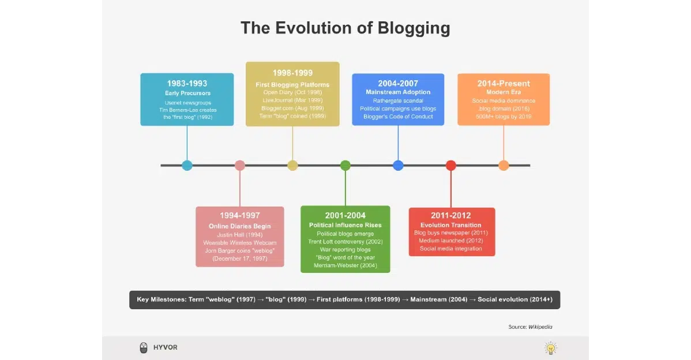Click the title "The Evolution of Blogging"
pyautogui.click(x=345, y=28)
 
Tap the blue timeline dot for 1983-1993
pyautogui.click(x=187, y=166)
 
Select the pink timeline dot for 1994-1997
pyautogui.click(x=240, y=166)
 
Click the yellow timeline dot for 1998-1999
pyautogui.click(x=292, y=166)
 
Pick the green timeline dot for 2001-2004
pyautogui.click(x=345, y=166)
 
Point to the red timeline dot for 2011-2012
pyautogui.click(x=451, y=166)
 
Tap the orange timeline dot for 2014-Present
pyautogui.click(x=504, y=166)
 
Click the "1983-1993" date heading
pyautogui.click(x=187, y=84)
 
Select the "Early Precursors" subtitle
pyautogui.click(x=187, y=93)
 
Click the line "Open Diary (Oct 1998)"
pyautogui.click(x=292, y=92)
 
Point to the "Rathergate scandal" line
pyautogui.click(x=398, y=100)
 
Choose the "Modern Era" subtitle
pyautogui.click(x=504, y=92)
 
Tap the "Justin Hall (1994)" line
pyautogui.click(x=240, y=235)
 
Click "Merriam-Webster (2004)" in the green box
pyautogui.click(x=345, y=265)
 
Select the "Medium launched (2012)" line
pyautogui.click(x=451, y=241)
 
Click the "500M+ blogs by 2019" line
pyautogui.click(x=504, y=117)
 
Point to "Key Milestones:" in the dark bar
pyautogui.click(x=161, y=299)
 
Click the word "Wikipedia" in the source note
pyautogui.click(x=540, y=327)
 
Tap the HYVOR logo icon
pyautogui.click(x=144, y=348)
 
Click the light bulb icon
pyautogui.click(x=551, y=348)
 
